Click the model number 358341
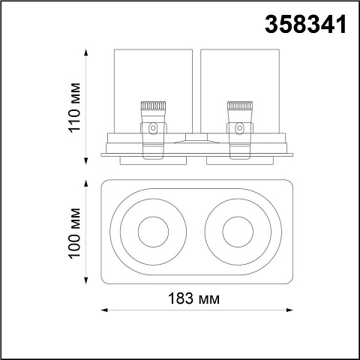click(x=305, y=24)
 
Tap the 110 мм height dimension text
click(x=75, y=107)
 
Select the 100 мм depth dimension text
click(x=75, y=233)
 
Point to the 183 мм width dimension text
click(x=194, y=298)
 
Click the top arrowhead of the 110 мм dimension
click(x=86, y=52)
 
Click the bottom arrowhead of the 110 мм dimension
click(x=86, y=161)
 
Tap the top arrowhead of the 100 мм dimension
click(x=86, y=184)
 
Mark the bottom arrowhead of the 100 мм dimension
click(x=86, y=280)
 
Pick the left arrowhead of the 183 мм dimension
click(x=104, y=310)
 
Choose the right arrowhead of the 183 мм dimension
click(x=289, y=310)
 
